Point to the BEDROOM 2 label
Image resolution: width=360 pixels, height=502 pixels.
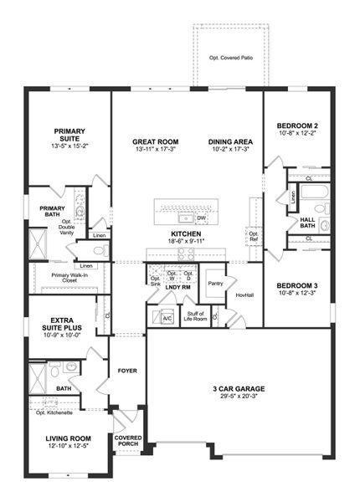[x=299, y=126]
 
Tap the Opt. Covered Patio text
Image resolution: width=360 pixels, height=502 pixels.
[x=229, y=58]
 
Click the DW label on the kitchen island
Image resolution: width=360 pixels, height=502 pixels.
[x=201, y=218]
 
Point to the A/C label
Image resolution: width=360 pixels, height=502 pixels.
[x=167, y=319]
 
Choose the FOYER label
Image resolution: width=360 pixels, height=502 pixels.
[x=126, y=370]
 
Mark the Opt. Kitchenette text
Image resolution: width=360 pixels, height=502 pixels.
[x=56, y=412]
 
